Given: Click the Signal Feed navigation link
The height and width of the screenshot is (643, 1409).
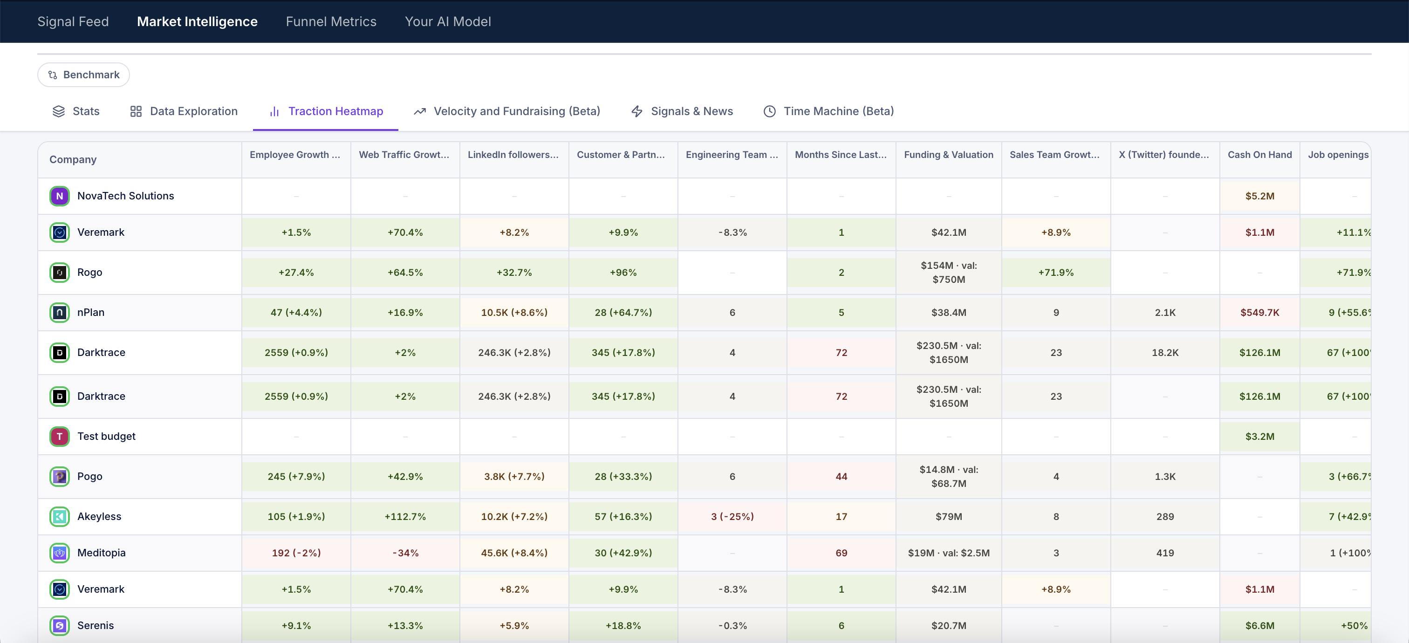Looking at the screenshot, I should click(x=73, y=21).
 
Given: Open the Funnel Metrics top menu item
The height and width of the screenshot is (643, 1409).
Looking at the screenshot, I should click(x=331, y=21).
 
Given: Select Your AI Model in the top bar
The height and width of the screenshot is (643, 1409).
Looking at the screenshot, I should click(x=447, y=21).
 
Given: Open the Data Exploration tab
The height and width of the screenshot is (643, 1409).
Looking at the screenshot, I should click(x=184, y=111).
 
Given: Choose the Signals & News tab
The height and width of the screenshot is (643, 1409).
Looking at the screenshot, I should click(x=682, y=111).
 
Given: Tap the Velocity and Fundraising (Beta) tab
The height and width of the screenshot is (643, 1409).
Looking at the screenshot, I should click(x=506, y=111).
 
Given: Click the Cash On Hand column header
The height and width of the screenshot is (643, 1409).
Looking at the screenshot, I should click(x=1259, y=155).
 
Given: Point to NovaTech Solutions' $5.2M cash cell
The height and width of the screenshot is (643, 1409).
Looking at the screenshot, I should click(x=1259, y=196).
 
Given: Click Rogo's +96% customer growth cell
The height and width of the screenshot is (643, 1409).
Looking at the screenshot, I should click(x=623, y=272).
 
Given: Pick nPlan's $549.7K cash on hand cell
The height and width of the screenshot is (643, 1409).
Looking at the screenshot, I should click(x=1259, y=312).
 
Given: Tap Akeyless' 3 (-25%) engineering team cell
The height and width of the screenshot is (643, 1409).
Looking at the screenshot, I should click(x=732, y=516).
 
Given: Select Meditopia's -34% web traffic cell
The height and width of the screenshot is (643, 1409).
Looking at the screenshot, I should click(x=405, y=553).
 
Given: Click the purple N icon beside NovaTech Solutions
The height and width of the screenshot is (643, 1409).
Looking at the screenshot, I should click(x=60, y=196).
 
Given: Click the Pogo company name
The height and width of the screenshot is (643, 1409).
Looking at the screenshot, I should click(x=90, y=476).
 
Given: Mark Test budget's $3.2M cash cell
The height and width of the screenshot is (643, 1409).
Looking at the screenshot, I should click(x=1259, y=436).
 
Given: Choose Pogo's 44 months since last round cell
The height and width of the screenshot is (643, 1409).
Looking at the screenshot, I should click(x=841, y=476).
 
